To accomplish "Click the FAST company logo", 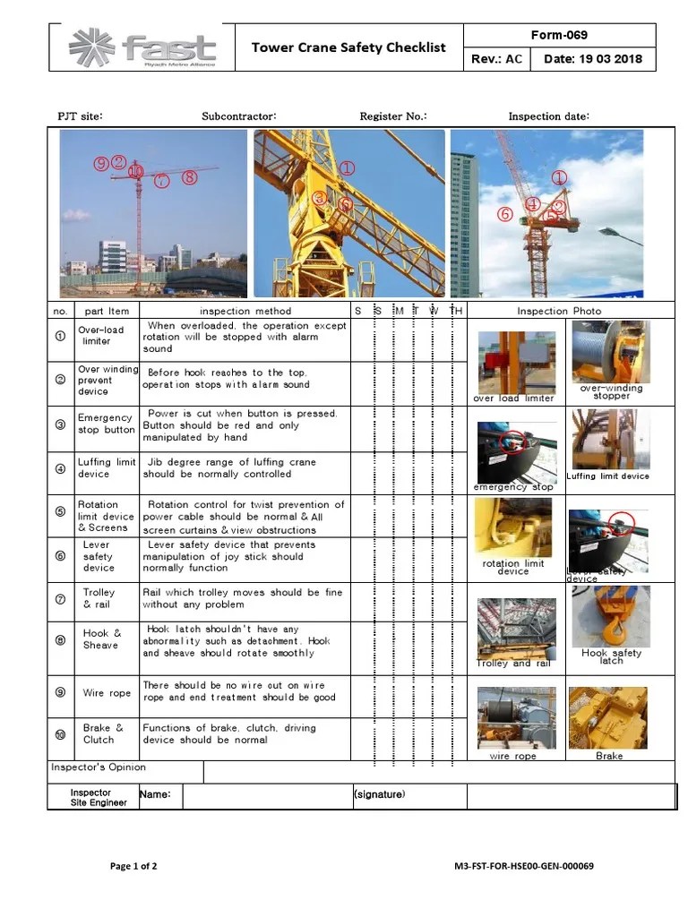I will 142,48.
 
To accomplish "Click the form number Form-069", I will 559,36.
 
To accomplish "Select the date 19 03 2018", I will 592,60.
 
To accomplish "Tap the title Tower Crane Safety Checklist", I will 348,47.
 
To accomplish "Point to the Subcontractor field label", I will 239,116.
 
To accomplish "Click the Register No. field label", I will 393,116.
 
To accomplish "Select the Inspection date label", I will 548,116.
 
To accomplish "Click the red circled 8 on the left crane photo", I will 188,177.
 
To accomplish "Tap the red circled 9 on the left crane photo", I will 101,163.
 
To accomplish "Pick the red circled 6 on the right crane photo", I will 505,214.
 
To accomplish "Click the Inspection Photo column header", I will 559,311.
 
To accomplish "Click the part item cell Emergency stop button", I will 106,424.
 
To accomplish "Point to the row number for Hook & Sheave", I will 60,639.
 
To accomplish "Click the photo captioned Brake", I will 608,717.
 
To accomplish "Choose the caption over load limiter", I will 515,399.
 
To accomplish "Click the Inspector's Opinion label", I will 98,767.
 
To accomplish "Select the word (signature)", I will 379,794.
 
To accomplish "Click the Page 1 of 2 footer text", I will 133,866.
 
